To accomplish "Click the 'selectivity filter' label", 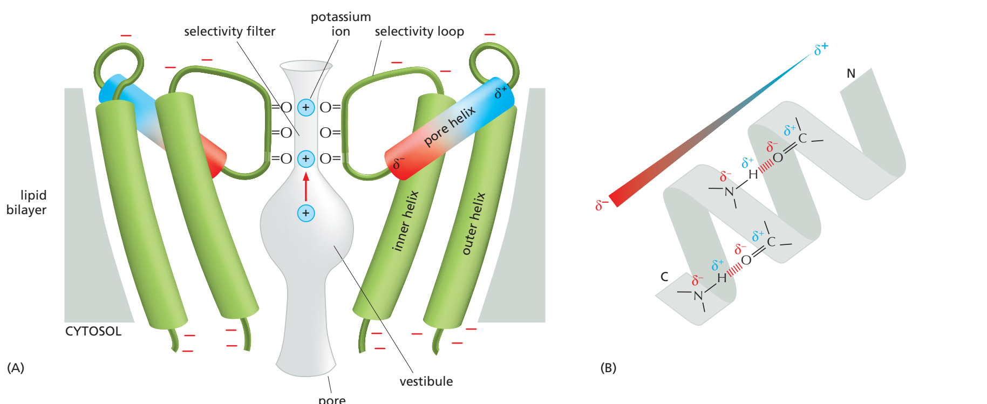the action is click(229, 31).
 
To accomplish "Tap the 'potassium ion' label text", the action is click(341, 24).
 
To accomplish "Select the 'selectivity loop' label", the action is click(419, 31).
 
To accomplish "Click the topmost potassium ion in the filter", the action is click(306, 107).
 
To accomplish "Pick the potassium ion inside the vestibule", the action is click(306, 213).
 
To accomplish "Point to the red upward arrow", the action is click(306, 187).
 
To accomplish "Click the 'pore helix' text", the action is click(450, 126).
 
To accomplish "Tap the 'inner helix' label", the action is click(405, 221).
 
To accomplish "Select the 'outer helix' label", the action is click(473, 223).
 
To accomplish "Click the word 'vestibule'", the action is click(426, 381).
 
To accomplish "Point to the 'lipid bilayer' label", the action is click(26, 202).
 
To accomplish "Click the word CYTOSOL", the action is click(93, 331).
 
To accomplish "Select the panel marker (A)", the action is click(15, 368).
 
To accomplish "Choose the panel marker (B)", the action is click(608, 368).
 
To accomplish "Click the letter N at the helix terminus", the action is click(851, 73).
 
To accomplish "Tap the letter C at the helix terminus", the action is click(664, 277).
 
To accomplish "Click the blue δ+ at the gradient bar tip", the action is click(821, 49).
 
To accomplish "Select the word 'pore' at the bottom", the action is click(332, 400).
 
